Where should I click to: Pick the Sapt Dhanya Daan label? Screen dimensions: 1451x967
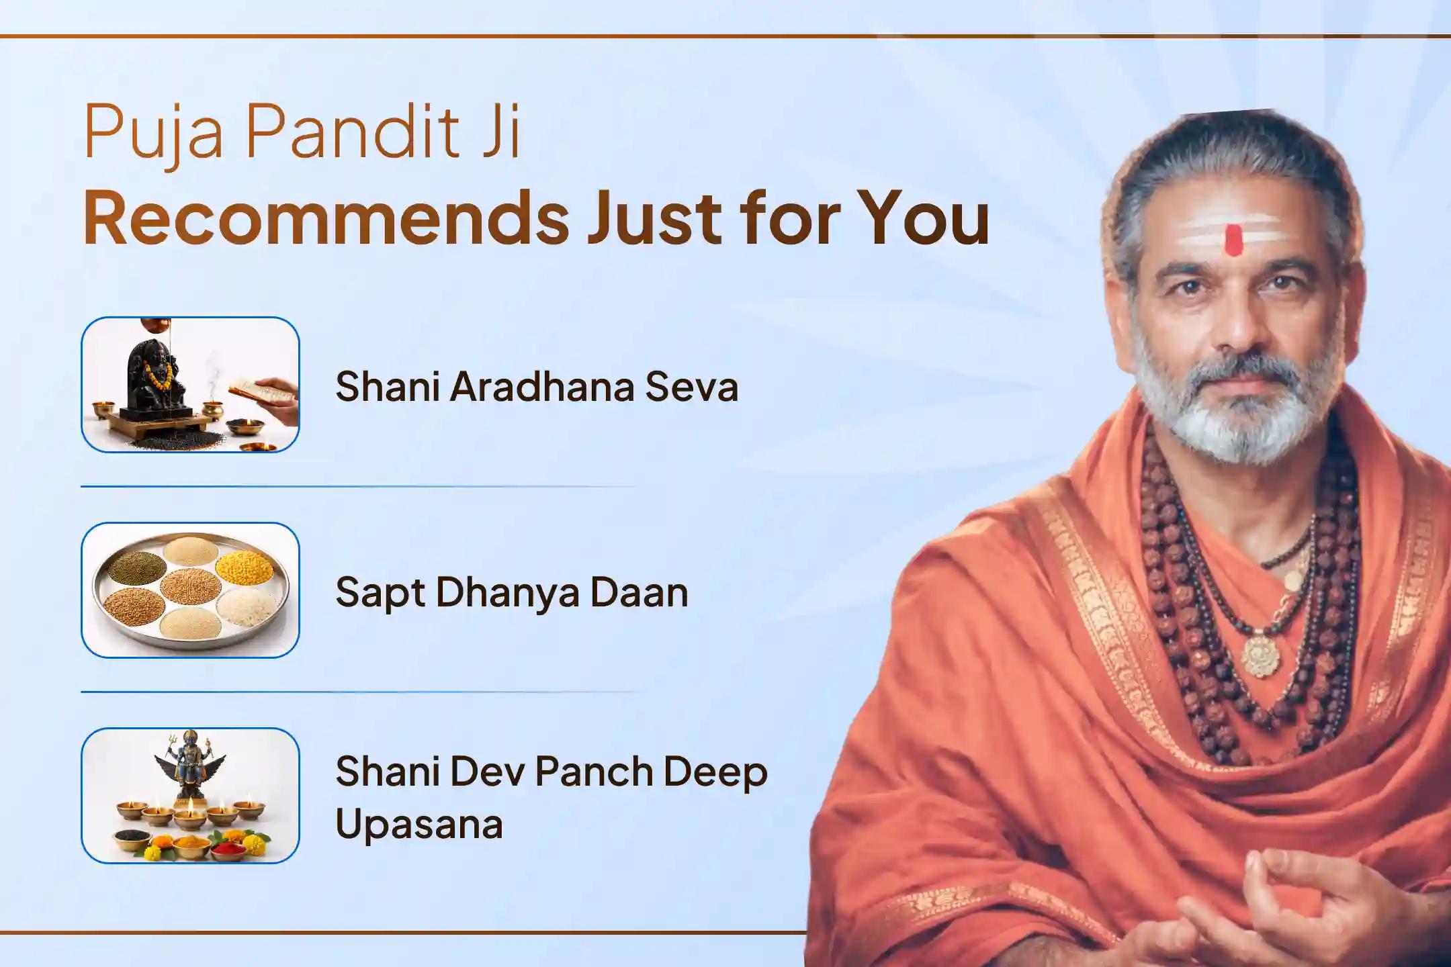(x=512, y=592)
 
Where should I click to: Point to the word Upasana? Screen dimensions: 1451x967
(x=419, y=824)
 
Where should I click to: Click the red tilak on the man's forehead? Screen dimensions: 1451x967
(x=1232, y=240)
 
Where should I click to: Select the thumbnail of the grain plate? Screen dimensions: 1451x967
(x=190, y=590)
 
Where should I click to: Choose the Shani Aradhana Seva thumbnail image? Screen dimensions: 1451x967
(x=190, y=384)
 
